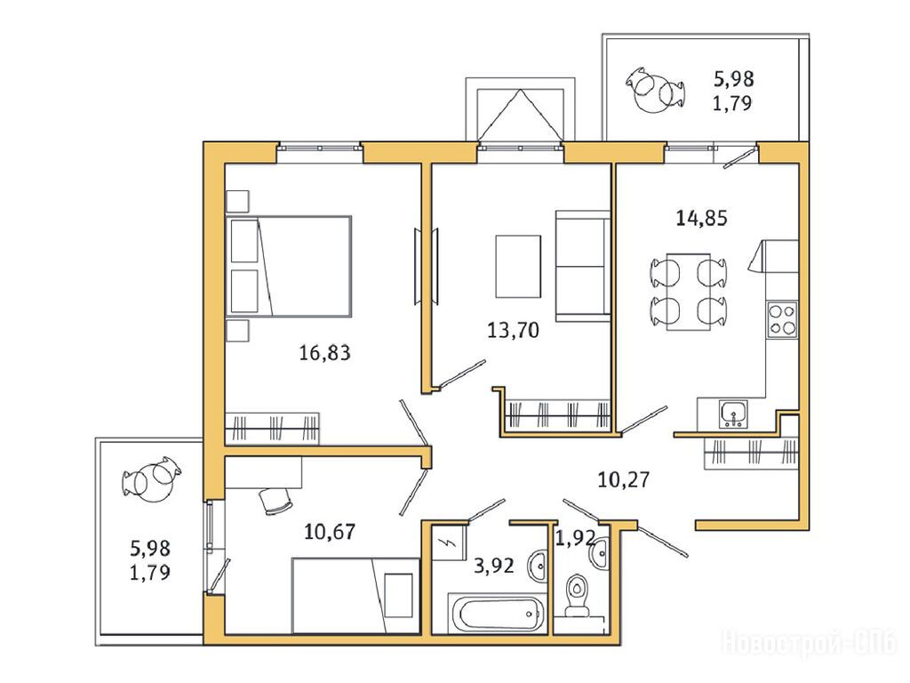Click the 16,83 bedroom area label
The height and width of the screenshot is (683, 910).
pyautogui.click(x=324, y=352)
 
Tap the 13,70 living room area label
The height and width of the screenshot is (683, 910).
pyautogui.click(x=513, y=331)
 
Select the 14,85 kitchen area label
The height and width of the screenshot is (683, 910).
pyautogui.click(x=702, y=219)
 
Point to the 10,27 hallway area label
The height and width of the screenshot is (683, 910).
pyautogui.click(x=624, y=479)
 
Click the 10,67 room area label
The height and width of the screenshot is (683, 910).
pyautogui.click(x=330, y=532)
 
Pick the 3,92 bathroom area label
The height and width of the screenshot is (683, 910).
pyautogui.click(x=494, y=565)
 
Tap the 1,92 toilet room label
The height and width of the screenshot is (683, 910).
pyautogui.click(x=575, y=538)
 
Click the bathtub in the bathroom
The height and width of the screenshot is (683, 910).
pyautogui.click(x=498, y=611)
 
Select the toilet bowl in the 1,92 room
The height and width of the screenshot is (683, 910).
pyautogui.click(x=577, y=593)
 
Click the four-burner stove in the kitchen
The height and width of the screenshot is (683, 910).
pyautogui.click(x=782, y=320)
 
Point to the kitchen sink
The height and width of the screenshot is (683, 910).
pyautogui.click(x=733, y=414)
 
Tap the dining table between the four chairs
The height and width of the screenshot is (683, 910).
pyautogui.click(x=689, y=292)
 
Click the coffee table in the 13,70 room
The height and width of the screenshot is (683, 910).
pyautogui.click(x=518, y=266)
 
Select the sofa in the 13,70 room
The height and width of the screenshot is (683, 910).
pyautogui.click(x=583, y=266)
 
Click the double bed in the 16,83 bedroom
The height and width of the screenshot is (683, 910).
pyautogui.click(x=289, y=266)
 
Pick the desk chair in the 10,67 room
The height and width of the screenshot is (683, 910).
pyautogui.click(x=275, y=501)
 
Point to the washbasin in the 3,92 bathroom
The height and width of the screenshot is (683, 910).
pyautogui.click(x=538, y=564)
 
